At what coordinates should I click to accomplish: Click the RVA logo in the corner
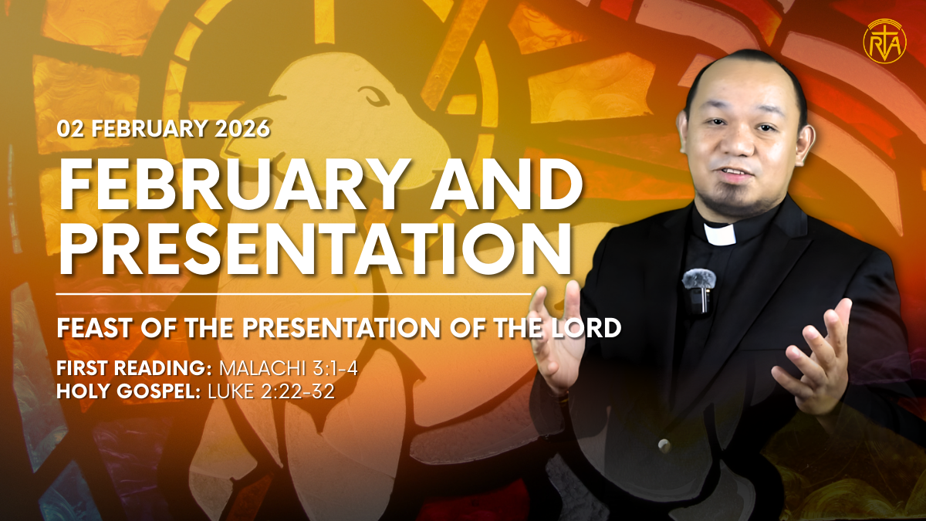pyautogui.click(x=884, y=42)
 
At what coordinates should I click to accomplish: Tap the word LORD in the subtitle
pyautogui.click(x=586, y=328)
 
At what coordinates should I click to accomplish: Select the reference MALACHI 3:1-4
pyautogui.click(x=288, y=368)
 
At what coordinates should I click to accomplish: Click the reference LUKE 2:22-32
pyautogui.click(x=271, y=391)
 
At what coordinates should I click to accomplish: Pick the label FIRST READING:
pyautogui.click(x=134, y=368)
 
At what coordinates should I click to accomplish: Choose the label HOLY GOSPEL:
pyautogui.click(x=129, y=391)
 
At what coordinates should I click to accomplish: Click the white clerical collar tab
pyautogui.click(x=720, y=234)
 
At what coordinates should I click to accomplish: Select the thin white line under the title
pyautogui.click(x=293, y=294)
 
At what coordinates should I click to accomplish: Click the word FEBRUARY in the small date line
pyautogui.click(x=149, y=129)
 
